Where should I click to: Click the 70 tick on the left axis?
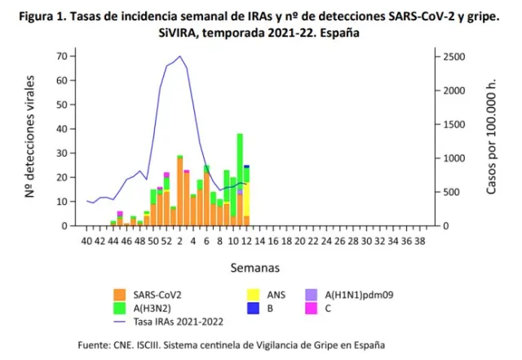click(61, 56)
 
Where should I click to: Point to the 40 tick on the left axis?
click(61, 128)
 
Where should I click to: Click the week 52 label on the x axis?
click(166, 241)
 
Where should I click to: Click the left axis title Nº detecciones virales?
click(30, 136)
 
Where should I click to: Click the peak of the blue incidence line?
click(179, 56)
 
